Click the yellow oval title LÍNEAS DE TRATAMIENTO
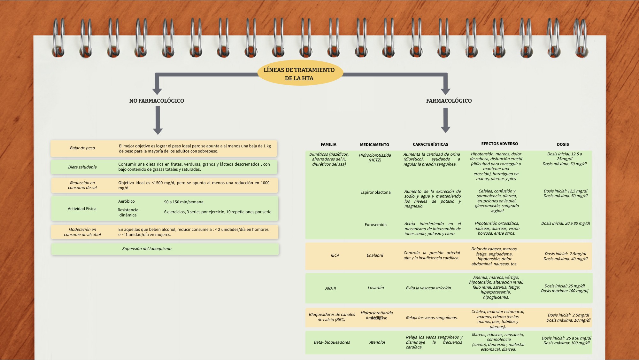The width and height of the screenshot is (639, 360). coord(299,74)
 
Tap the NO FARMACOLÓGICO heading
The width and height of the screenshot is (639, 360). coord(157,101)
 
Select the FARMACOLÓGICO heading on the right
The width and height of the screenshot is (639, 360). coord(449,101)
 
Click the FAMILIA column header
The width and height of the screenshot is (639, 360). coord(328,145)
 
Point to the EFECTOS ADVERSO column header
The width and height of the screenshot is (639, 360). coord(499,144)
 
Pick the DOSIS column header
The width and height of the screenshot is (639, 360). coord(563,145)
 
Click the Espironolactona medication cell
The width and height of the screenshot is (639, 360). coord(375,192)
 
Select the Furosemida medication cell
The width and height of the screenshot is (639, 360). coord(375,225)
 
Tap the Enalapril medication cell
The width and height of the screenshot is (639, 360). coord(375,255)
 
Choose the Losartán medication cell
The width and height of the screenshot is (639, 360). coord(376,288)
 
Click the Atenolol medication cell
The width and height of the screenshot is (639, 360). coord(377,342)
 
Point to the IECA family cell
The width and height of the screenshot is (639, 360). coord(335,255)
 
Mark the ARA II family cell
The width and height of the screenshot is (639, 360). coord(330,288)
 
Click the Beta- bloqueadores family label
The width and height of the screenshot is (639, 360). coord(332,342)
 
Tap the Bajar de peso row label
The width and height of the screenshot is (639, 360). coord(82,148)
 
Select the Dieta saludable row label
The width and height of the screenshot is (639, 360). coord(82,167)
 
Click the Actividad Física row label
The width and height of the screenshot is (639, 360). coord(82,209)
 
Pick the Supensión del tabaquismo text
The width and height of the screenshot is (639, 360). coord(147,249)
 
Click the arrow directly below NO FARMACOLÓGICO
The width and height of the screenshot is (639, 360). coord(158,120)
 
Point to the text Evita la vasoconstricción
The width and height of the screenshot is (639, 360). coord(429,288)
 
